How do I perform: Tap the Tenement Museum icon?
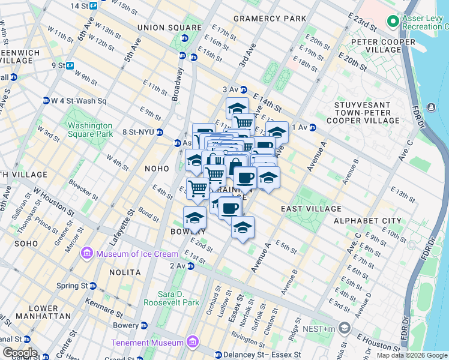click(193, 343)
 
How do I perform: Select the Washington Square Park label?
click(90, 130)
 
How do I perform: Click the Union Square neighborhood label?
click(169, 28)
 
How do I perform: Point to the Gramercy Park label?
click(270, 19)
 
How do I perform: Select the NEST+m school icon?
click(345, 328)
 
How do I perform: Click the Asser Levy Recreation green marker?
click(394, 22)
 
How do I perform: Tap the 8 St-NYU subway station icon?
click(160, 132)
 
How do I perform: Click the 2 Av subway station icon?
click(190, 266)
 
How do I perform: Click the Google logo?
click(19, 353)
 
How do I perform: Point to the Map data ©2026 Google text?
click(412, 355)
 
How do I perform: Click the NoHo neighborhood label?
click(158, 169)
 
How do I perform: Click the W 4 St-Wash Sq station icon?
click(46, 101)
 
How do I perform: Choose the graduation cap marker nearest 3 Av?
click(237, 108)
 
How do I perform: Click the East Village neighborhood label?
click(311, 209)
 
